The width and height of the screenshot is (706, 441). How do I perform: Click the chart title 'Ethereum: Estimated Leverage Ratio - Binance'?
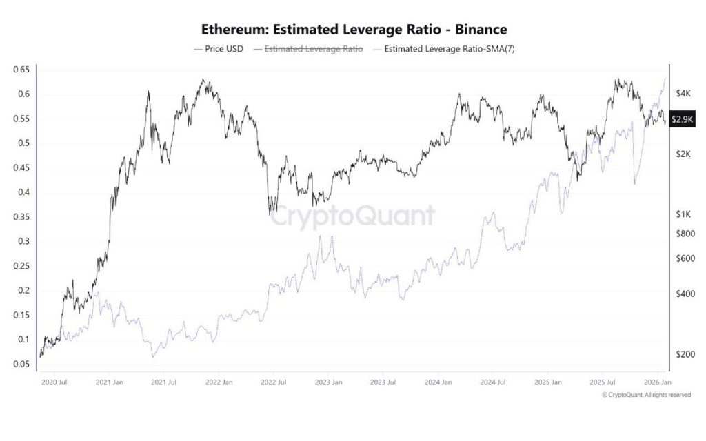click(x=354, y=30)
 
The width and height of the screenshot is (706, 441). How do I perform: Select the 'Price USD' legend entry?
click(x=219, y=49)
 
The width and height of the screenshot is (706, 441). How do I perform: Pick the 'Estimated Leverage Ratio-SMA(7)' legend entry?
click(x=444, y=49)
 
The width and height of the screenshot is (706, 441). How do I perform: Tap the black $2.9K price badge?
click(x=682, y=120)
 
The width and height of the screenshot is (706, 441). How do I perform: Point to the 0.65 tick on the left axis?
click(x=21, y=70)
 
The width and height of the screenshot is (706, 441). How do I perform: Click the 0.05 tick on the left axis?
click(x=21, y=364)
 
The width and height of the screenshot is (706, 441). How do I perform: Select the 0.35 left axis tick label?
click(x=21, y=217)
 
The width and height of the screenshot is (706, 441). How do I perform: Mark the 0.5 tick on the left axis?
click(x=23, y=143)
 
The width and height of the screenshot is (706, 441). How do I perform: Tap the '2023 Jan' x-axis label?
click(x=327, y=382)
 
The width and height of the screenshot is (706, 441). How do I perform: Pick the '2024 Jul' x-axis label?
click(x=492, y=382)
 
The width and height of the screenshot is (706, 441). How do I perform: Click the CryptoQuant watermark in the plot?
click(x=352, y=216)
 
